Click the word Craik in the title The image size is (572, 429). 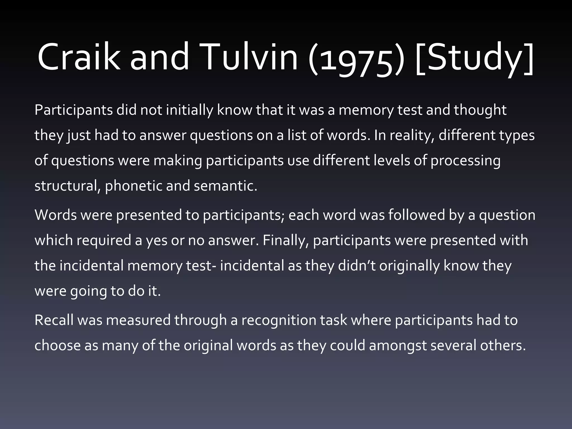tap(78, 57)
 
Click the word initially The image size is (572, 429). tap(190, 110)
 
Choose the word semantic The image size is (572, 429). tap(225, 186)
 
